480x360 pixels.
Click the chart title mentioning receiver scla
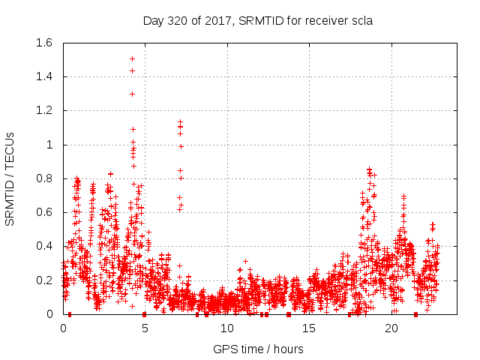[x=258, y=20]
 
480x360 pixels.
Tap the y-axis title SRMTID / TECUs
[x=10, y=178]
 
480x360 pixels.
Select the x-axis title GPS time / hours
[x=258, y=349]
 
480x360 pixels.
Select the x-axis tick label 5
[x=145, y=328]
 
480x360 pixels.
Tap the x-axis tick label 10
[x=226, y=328]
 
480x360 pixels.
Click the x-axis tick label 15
[x=309, y=328]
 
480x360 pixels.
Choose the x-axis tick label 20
[x=391, y=328]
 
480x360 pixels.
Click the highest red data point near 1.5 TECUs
[x=132, y=58]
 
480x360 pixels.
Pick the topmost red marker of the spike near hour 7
[x=180, y=121]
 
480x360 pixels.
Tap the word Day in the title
[x=153, y=20]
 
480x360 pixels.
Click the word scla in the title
[x=361, y=20]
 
